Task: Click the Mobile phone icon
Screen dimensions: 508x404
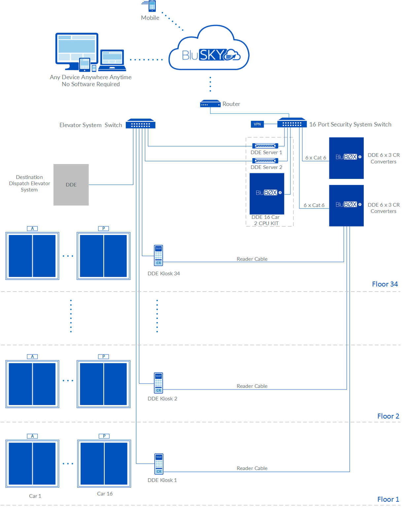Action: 152,6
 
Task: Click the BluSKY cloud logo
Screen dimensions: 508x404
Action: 209,50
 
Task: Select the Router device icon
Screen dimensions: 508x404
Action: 210,104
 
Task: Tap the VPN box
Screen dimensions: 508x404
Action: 257,124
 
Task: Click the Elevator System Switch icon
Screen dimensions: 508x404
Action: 141,124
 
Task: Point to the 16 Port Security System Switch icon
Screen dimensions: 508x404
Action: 292,123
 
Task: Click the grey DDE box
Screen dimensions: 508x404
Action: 71,185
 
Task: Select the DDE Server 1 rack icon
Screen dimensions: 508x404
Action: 265,146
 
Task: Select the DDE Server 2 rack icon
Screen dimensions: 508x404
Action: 265,161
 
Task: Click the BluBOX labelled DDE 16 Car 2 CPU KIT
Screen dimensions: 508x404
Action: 267,193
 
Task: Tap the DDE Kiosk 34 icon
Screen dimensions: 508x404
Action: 158,255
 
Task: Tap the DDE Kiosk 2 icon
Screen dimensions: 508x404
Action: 158,383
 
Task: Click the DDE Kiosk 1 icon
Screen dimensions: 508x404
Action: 159,464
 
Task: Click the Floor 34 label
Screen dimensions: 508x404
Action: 385,284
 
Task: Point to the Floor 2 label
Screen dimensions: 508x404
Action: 388,416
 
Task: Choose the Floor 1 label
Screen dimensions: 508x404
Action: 388,499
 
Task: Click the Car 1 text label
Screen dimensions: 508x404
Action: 35,496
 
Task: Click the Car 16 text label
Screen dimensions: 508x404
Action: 105,493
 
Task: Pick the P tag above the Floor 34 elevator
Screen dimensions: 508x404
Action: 104,228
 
